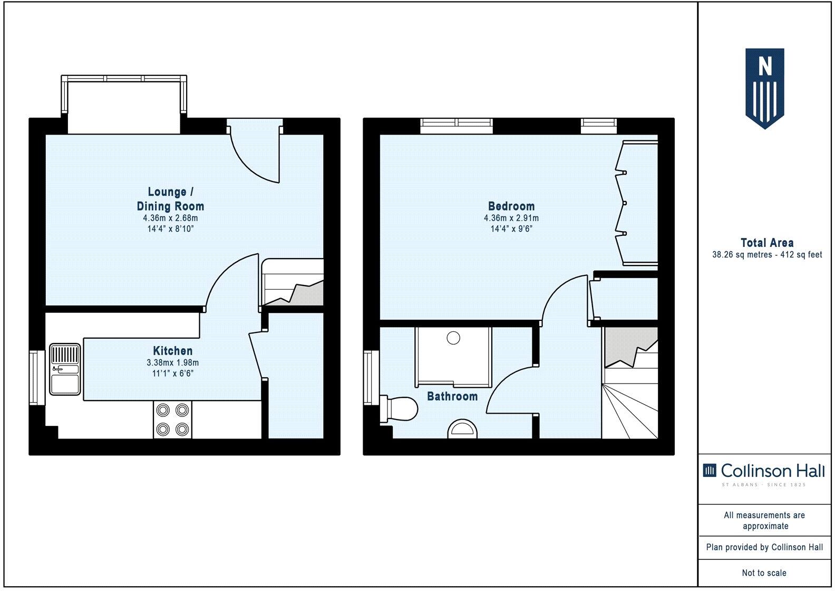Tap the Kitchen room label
click(172, 351)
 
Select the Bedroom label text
click(511, 206)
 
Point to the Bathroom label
click(452, 396)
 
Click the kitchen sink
click(64, 369)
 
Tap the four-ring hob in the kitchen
click(172, 420)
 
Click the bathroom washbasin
click(462, 429)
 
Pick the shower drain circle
click(453, 337)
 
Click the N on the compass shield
click(764, 67)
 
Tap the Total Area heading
click(766, 243)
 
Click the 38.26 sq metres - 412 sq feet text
click(766, 255)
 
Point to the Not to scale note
click(764, 573)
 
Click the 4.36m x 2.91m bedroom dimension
click(511, 218)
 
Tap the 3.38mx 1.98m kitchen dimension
click(172, 363)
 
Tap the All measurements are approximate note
click(765, 520)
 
